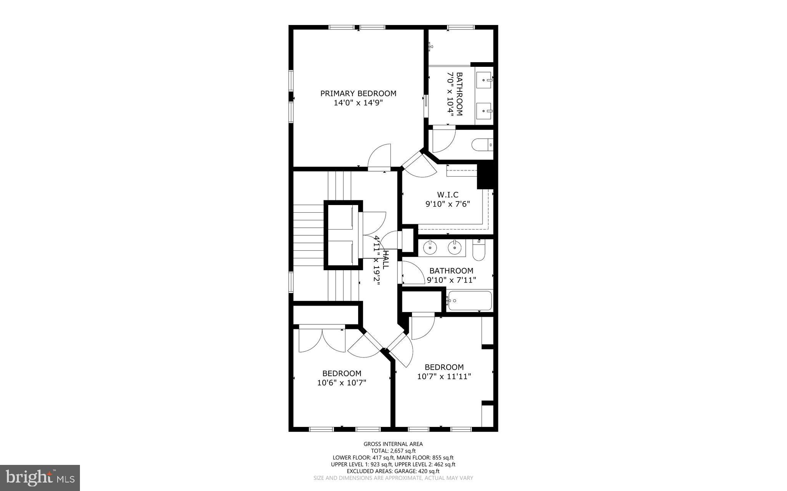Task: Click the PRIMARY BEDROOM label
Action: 358,93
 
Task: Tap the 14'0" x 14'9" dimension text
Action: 358,103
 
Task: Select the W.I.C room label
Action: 448,195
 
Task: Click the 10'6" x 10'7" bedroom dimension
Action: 342,383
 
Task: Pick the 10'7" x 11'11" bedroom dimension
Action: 444,377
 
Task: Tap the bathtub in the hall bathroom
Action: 470,301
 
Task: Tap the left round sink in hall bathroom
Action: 430,248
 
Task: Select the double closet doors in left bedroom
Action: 322,340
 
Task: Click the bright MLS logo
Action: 40,478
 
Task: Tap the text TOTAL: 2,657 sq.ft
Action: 393,451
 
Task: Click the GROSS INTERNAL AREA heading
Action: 393,444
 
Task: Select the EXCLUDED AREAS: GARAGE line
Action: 393,471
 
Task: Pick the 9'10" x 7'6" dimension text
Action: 448,204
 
